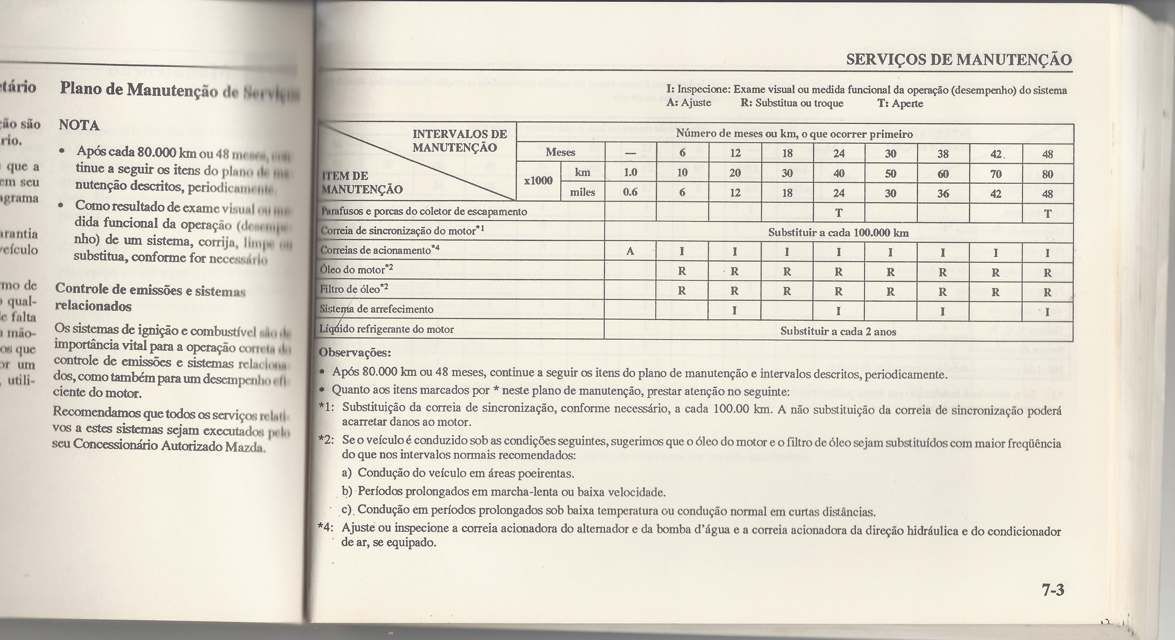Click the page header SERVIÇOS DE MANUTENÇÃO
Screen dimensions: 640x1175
click(959, 60)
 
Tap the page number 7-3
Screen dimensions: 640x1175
click(1052, 590)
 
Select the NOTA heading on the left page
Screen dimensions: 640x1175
click(79, 124)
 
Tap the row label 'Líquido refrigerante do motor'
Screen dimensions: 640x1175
click(387, 329)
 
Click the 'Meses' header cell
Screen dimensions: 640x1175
click(560, 152)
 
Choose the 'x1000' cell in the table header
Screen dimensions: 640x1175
click(538, 181)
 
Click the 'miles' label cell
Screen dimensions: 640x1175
click(582, 192)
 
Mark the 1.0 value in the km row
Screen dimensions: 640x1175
click(630, 173)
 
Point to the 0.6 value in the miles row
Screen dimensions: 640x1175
click(630, 192)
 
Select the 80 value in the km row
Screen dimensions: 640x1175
click(1047, 174)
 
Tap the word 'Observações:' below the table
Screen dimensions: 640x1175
click(354, 353)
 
